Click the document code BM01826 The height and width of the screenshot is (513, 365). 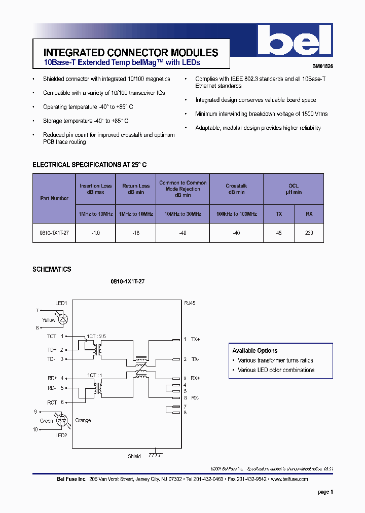coord(322,66)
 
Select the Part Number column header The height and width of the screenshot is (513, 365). coord(54,198)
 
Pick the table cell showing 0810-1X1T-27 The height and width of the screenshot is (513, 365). coord(54,233)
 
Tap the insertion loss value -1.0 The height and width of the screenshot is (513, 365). coord(95,233)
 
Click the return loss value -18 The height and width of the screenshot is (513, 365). coord(136,233)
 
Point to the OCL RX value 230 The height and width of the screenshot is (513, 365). coord(309,233)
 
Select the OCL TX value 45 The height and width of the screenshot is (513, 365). coord(278,233)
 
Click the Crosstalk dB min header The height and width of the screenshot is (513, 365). coord(236,189)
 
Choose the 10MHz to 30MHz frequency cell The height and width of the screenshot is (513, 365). coord(182,214)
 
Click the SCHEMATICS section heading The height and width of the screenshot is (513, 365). coord(52,269)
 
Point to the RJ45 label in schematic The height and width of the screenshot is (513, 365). coord(189,303)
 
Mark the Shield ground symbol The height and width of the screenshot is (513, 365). coord(155,454)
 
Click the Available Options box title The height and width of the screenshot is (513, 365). coord(254,351)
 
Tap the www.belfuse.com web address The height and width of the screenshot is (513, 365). coord(289,479)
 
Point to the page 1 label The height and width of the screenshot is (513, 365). coord(325,492)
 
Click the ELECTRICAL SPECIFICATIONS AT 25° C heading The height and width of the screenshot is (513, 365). coord(89,165)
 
